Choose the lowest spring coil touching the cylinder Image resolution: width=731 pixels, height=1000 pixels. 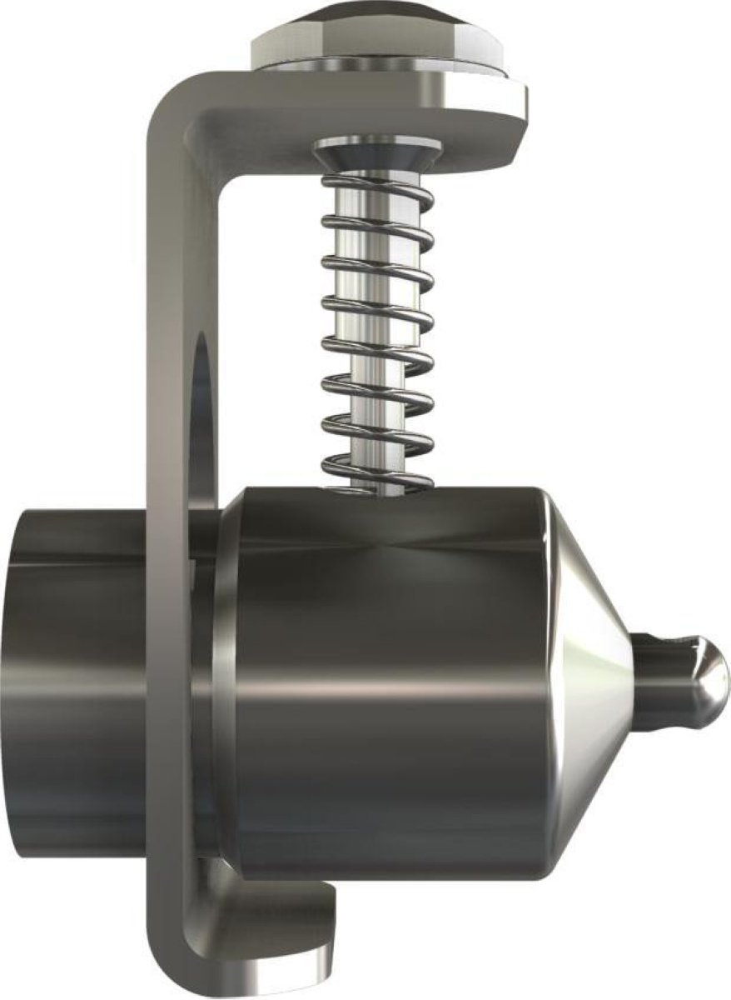point(377,482)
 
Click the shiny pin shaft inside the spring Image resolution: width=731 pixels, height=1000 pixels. point(366,333)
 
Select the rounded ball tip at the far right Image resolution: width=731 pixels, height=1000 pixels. point(708,679)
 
